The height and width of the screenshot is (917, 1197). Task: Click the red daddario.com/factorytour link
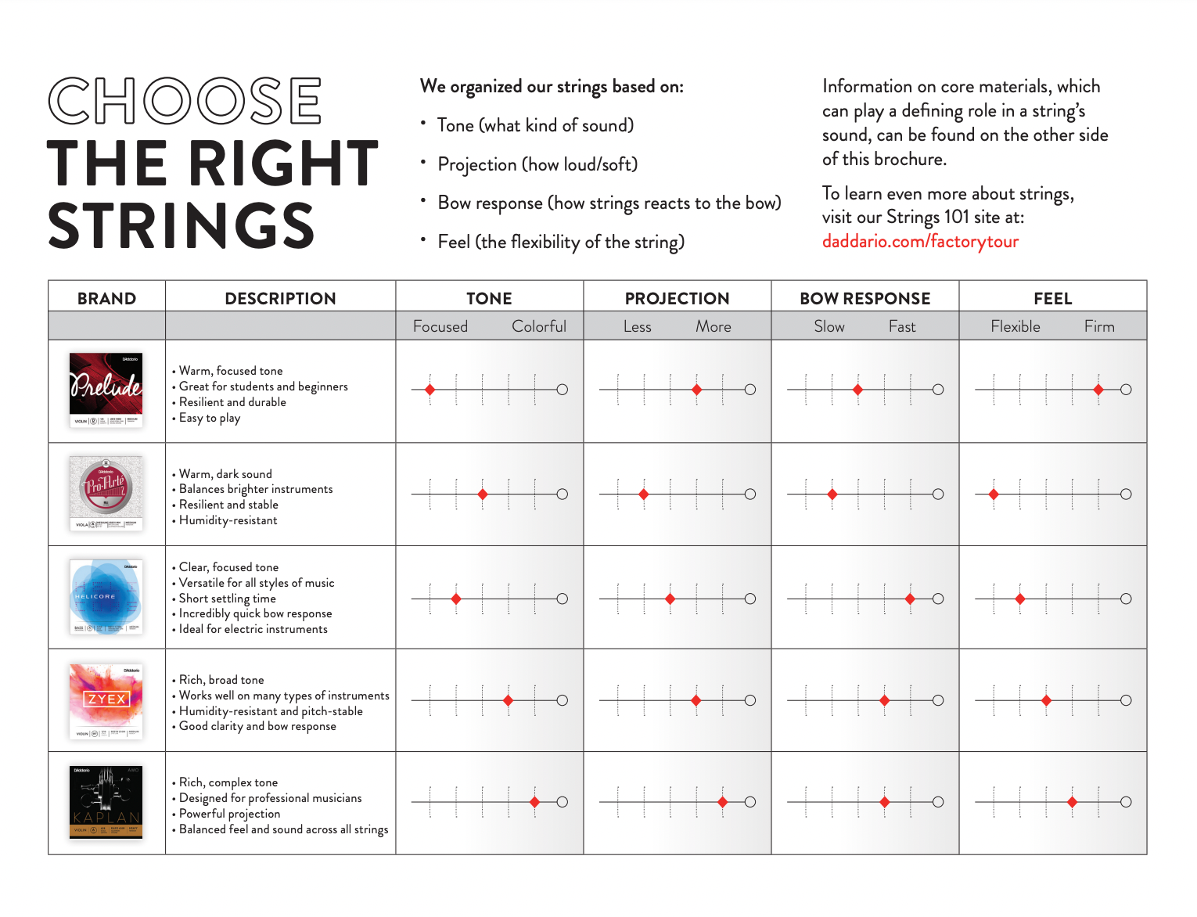[920, 242]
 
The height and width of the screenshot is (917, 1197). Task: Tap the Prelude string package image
[106, 390]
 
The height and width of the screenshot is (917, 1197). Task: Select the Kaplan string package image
[106, 802]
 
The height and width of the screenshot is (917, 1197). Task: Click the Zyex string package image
[106, 701]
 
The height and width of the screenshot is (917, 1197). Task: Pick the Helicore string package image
[106, 597]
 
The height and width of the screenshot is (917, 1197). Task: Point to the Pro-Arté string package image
[106, 494]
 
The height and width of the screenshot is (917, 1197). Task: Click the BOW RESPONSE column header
[864, 298]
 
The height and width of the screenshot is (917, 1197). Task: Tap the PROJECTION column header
[677, 298]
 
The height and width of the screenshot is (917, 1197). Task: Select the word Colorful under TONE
[539, 326]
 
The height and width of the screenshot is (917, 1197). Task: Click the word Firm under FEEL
[1099, 326]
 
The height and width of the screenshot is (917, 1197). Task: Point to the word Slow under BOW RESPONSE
[829, 326]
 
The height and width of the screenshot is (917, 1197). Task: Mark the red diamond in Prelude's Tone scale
[430, 390]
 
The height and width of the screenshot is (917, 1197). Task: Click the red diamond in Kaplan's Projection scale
[723, 802]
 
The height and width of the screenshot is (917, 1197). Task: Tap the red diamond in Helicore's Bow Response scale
[910, 599]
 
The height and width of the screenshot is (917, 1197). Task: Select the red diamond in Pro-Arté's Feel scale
[994, 494]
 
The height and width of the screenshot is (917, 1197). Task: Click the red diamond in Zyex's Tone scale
[509, 700]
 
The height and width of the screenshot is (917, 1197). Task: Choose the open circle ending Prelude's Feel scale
[1126, 390]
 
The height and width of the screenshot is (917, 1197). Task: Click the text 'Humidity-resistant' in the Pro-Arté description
[228, 520]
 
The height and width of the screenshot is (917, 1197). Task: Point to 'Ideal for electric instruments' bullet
[253, 629]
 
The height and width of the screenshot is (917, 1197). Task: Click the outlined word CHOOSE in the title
[185, 101]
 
